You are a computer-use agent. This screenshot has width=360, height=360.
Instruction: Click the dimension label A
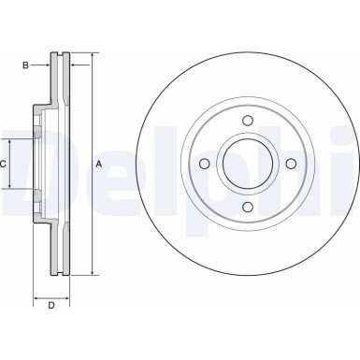pyautogui.click(x=99, y=165)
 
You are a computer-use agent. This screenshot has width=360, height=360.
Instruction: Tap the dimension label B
pyautogui.click(x=25, y=65)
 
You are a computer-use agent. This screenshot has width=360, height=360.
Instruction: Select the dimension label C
pyautogui.click(x=4, y=165)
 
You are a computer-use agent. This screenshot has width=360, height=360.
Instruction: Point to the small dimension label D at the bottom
pyautogui.click(x=51, y=307)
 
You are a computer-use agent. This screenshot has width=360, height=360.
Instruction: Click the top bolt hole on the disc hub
pyautogui.click(x=247, y=120)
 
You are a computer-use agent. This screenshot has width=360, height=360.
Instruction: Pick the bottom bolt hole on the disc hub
pyautogui.click(x=247, y=208)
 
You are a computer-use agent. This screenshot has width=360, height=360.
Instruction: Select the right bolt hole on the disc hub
pyautogui.click(x=291, y=164)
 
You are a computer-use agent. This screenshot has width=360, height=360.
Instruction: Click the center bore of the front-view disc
pyautogui.click(x=247, y=164)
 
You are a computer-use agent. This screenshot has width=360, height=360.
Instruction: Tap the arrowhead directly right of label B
pyautogui.click(x=47, y=65)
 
